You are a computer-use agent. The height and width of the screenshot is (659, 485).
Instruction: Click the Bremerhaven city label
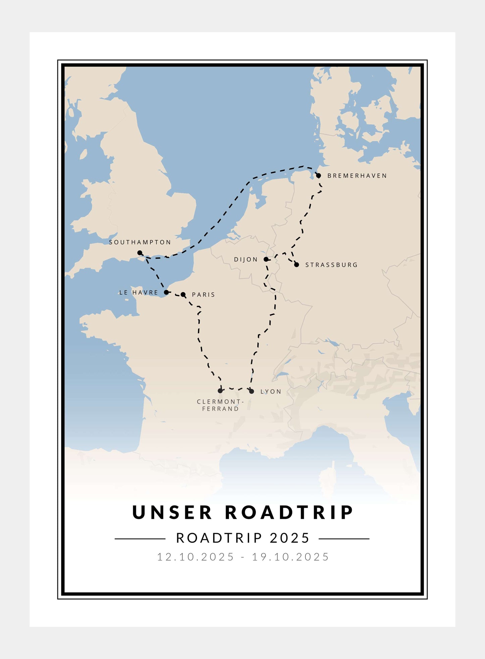357,176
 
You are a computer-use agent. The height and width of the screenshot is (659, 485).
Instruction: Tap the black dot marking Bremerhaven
319,175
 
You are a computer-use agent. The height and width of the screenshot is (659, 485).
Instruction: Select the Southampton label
140,242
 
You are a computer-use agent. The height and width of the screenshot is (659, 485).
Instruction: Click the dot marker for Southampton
140,253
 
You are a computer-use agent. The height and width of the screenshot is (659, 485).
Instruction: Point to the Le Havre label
138,293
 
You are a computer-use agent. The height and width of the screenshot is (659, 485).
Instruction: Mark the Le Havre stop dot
166,292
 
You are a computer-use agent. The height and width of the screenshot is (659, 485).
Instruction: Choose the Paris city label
203,295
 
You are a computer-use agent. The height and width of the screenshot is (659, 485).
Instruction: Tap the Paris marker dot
183,295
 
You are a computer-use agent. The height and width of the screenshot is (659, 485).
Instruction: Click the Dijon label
246,259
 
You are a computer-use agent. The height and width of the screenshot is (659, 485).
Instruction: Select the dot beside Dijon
266,259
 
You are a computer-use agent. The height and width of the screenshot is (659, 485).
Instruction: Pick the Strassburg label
331,265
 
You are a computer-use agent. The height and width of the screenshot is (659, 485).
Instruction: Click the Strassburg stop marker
296,265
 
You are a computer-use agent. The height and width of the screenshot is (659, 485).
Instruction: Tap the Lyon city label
271,392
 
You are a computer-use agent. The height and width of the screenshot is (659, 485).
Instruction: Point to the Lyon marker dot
251,391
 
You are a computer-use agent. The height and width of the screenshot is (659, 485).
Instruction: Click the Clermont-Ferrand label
220,405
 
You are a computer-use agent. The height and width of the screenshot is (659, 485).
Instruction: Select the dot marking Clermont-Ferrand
220,391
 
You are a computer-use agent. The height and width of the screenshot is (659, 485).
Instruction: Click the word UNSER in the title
173,513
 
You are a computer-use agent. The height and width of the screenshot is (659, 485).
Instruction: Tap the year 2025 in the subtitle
290,538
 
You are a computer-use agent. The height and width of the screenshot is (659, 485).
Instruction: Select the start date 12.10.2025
195,557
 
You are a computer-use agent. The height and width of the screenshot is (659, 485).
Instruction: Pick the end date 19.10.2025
291,557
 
